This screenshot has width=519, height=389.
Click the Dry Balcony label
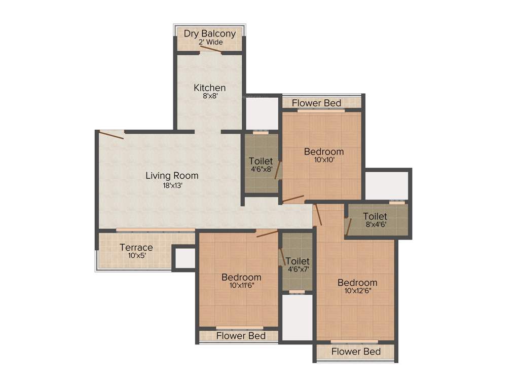[209, 34]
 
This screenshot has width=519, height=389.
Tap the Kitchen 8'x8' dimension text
[209, 96]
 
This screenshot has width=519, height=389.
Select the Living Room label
[172, 176]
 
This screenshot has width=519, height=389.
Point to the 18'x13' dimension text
[172, 185]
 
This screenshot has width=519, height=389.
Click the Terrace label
[136, 247]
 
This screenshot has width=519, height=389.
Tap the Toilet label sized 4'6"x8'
[261, 161]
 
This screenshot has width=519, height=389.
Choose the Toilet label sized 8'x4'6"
[375, 216]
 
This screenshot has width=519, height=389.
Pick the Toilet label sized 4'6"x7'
[297, 261]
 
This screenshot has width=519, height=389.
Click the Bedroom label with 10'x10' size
[323, 151]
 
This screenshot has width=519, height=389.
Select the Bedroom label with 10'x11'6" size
[241, 277]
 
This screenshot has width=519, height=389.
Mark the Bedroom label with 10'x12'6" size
[357, 282]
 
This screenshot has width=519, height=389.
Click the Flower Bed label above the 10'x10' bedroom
[316, 103]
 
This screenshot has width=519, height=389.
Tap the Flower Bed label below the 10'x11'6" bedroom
[241, 335]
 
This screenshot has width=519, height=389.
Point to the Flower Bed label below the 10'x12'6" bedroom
[356, 351]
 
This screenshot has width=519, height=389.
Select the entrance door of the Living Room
[111, 135]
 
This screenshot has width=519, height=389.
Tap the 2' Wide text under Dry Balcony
[210, 43]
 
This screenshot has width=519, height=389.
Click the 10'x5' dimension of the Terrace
[136, 256]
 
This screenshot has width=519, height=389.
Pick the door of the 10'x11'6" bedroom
[267, 234]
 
